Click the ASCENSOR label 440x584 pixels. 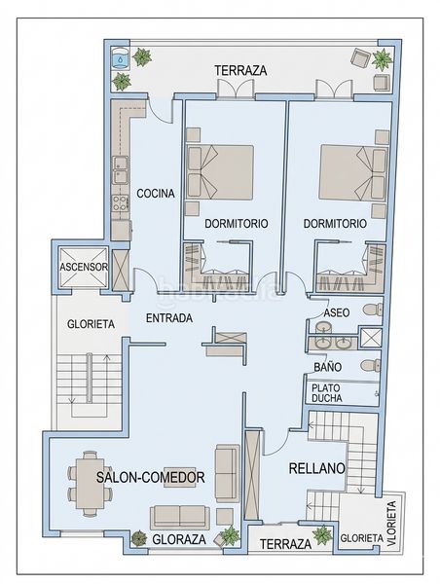pyautogui.click(x=84, y=267)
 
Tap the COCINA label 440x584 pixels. pyautogui.click(x=156, y=194)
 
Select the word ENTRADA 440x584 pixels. pyautogui.click(x=169, y=318)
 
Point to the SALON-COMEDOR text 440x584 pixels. pyautogui.click(x=151, y=477)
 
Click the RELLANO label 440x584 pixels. pyautogui.click(x=317, y=468)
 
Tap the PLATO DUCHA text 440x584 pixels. pyautogui.click(x=327, y=393)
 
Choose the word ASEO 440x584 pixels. pyautogui.click(x=337, y=312)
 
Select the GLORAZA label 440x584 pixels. pyautogui.click(x=179, y=539)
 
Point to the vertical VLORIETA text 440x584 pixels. pyautogui.click(x=391, y=524)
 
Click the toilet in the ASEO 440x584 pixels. pyautogui.click(x=373, y=310)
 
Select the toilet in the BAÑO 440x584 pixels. pyautogui.click(x=371, y=365)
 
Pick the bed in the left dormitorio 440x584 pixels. pyautogui.click(x=220, y=171)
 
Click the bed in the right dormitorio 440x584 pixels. pyautogui.click(x=353, y=173)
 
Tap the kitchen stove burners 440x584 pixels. pyautogui.click(x=121, y=203)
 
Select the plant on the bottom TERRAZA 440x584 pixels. pyautogui.click(x=321, y=534)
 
